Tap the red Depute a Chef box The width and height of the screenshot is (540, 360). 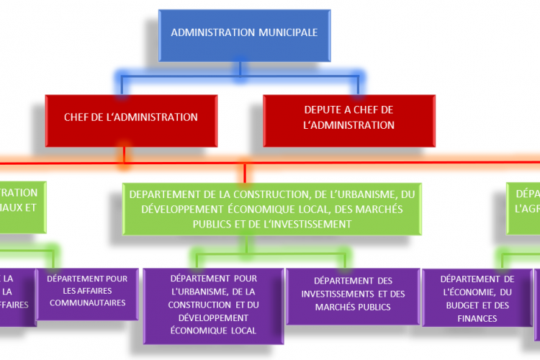coord(349,117)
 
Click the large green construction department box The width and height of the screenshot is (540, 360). coord(271,208)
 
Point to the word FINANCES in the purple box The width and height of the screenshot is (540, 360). coord(477,319)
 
